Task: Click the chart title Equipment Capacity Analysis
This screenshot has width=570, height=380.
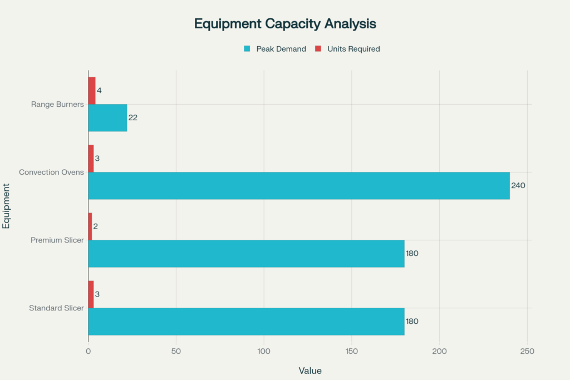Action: click(x=284, y=24)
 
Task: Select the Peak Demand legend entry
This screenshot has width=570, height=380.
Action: click(x=281, y=49)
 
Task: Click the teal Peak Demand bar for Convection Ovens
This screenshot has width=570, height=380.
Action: click(x=299, y=186)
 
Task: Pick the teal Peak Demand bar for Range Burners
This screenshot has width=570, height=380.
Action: click(x=107, y=118)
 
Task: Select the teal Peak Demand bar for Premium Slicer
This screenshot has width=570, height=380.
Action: click(x=246, y=254)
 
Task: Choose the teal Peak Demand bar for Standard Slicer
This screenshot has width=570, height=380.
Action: click(x=246, y=322)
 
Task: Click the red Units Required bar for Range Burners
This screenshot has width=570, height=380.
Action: click(x=92, y=91)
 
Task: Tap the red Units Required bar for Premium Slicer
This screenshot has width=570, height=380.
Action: click(x=90, y=226)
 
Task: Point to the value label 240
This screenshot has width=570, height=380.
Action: click(x=518, y=186)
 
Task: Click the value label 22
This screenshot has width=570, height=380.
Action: click(x=133, y=118)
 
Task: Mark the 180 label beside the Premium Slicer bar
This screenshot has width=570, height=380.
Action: click(x=412, y=254)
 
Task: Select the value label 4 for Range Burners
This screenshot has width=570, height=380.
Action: click(x=99, y=91)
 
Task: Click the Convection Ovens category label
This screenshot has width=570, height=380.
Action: click(x=51, y=172)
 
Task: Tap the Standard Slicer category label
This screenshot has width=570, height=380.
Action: click(x=56, y=308)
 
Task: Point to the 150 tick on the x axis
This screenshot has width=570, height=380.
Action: click(x=352, y=352)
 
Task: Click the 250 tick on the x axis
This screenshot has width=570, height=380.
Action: click(x=527, y=352)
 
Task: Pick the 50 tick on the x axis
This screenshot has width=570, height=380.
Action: click(x=176, y=352)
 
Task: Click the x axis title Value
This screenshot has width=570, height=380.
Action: click(x=310, y=371)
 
